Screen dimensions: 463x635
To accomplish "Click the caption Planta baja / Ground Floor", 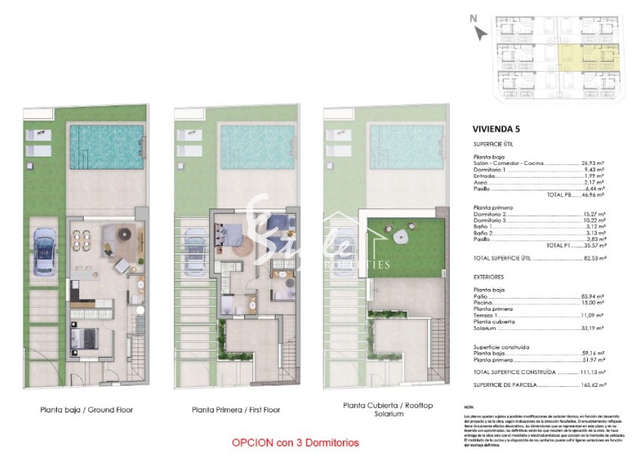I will (x=81, y=410).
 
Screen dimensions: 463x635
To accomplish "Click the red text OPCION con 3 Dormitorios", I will (x=295, y=443).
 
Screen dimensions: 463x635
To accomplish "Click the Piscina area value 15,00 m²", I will (x=593, y=303).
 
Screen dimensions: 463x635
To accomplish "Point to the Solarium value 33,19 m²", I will (x=593, y=327).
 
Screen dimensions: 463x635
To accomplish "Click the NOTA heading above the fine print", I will (x=469, y=407).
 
